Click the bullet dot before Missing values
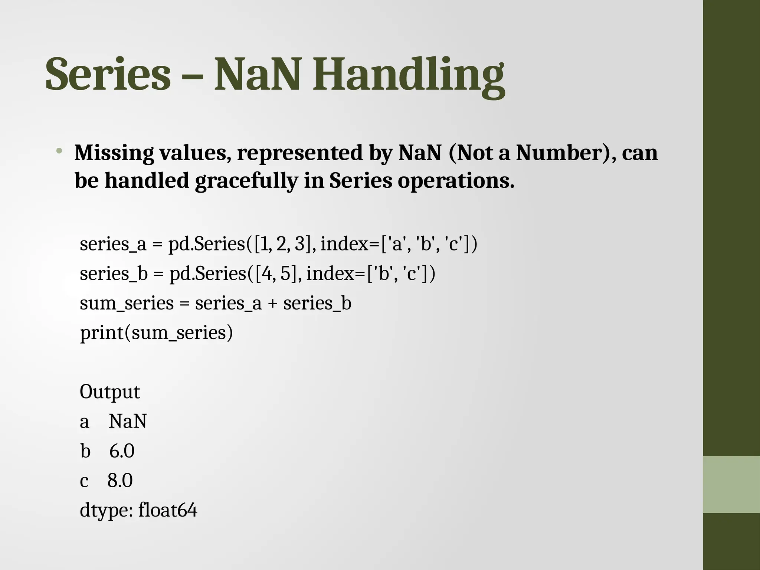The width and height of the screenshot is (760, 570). (x=59, y=151)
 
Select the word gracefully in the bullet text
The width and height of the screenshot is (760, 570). (x=246, y=181)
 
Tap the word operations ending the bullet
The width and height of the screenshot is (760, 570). (x=456, y=181)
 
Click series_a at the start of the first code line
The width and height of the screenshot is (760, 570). (x=113, y=245)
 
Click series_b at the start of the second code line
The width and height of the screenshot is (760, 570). (x=114, y=274)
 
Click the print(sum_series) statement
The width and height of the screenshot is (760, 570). (x=156, y=333)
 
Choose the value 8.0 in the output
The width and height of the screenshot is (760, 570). (x=120, y=481)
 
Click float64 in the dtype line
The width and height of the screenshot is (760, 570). (x=168, y=511)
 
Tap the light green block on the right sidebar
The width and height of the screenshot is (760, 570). (x=731, y=484)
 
